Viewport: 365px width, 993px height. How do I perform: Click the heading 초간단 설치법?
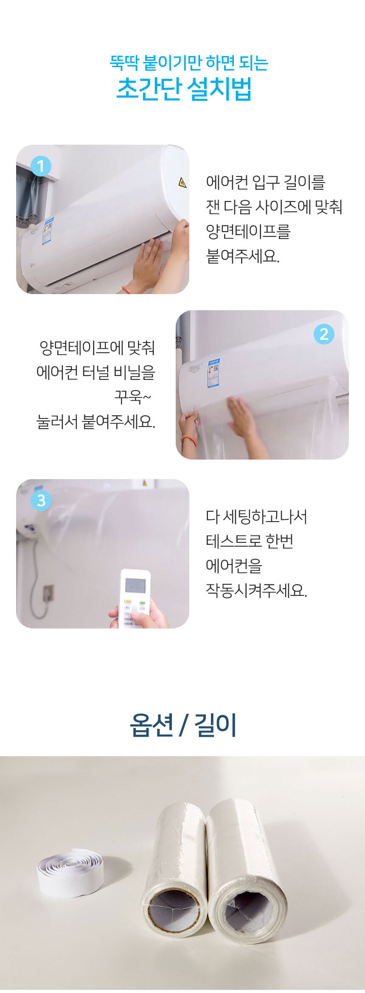(x=184, y=89)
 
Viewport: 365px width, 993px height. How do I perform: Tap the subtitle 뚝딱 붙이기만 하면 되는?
(x=189, y=63)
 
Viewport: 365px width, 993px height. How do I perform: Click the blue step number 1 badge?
(x=41, y=166)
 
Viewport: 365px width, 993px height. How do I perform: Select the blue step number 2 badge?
(x=324, y=334)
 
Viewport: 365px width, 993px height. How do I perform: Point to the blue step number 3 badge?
(x=41, y=500)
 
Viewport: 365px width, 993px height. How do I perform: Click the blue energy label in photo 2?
(x=213, y=373)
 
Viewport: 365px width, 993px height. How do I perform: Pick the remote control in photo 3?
(x=135, y=598)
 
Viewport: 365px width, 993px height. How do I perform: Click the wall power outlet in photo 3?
(x=48, y=592)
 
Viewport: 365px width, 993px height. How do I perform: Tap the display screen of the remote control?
(x=135, y=585)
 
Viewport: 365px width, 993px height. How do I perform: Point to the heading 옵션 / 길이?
(x=183, y=725)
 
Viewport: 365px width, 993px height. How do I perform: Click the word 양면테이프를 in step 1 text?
(x=248, y=231)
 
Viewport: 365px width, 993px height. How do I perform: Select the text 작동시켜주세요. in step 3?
(x=256, y=590)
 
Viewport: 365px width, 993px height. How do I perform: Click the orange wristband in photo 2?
(x=188, y=439)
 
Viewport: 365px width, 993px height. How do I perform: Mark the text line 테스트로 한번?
(x=250, y=541)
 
